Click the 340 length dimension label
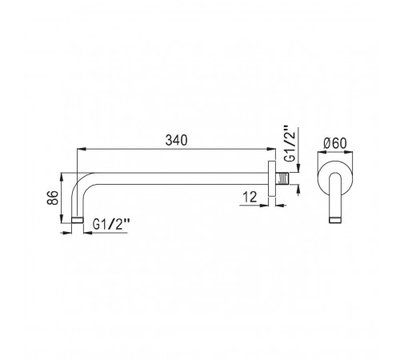click(176, 140)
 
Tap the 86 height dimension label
click(53, 198)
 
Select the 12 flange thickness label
click(250, 197)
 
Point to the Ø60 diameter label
click(335, 143)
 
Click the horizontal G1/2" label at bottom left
click(111, 224)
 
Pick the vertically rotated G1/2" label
click(290, 143)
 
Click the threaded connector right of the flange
click(283, 178)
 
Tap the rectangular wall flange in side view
click(272, 178)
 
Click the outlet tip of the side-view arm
click(78, 220)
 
